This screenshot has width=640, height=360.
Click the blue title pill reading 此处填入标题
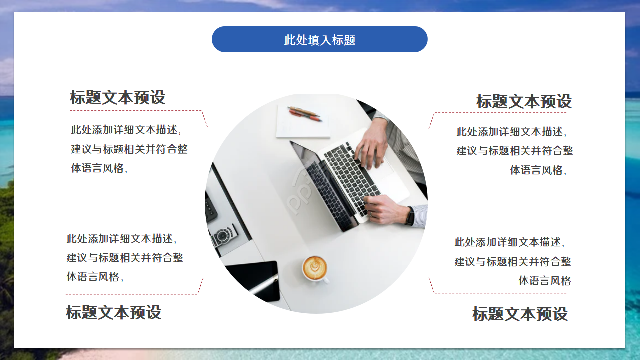click(320, 39)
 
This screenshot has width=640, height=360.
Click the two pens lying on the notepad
click(305, 114)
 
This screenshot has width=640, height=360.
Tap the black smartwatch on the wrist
click(410, 216)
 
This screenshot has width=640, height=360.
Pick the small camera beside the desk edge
click(223, 236)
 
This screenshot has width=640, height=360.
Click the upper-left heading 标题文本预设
click(118, 97)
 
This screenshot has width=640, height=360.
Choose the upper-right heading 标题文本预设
click(524, 101)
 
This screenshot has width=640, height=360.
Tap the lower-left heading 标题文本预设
click(114, 313)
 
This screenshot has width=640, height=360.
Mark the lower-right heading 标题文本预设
click(520, 314)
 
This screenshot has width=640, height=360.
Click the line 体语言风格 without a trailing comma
click(544, 281)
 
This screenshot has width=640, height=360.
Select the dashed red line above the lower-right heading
click(500, 294)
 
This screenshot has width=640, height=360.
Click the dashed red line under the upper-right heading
click(500, 112)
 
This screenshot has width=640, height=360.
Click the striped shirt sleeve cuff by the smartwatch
click(420, 215)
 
